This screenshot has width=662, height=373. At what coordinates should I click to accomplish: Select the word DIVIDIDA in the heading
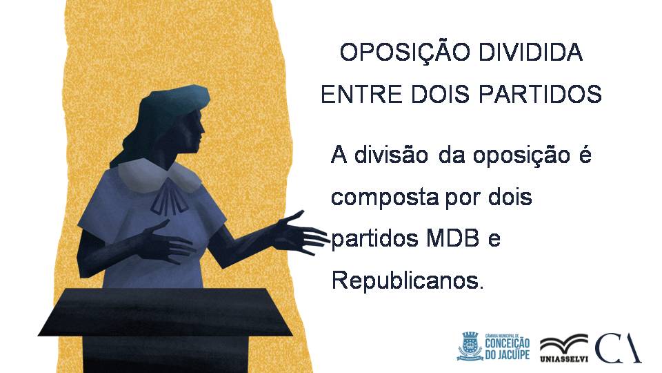click(526, 52)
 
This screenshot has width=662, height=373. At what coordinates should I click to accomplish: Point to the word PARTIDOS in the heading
click(540, 94)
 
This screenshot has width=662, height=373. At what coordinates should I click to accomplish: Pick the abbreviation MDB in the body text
click(453, 238)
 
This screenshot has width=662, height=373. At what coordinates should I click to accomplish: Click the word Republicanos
click(407, 280)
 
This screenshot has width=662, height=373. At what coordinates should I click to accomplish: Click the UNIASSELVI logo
click(564, 348)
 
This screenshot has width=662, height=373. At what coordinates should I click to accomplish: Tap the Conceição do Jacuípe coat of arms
click(470, 345)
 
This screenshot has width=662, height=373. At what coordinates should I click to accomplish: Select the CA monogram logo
click(617, 347)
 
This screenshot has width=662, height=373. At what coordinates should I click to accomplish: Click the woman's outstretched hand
click(301, 233)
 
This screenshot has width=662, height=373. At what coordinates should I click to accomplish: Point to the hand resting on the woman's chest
click(167, 243)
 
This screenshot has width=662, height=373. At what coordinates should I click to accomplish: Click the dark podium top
click(165, 312)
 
